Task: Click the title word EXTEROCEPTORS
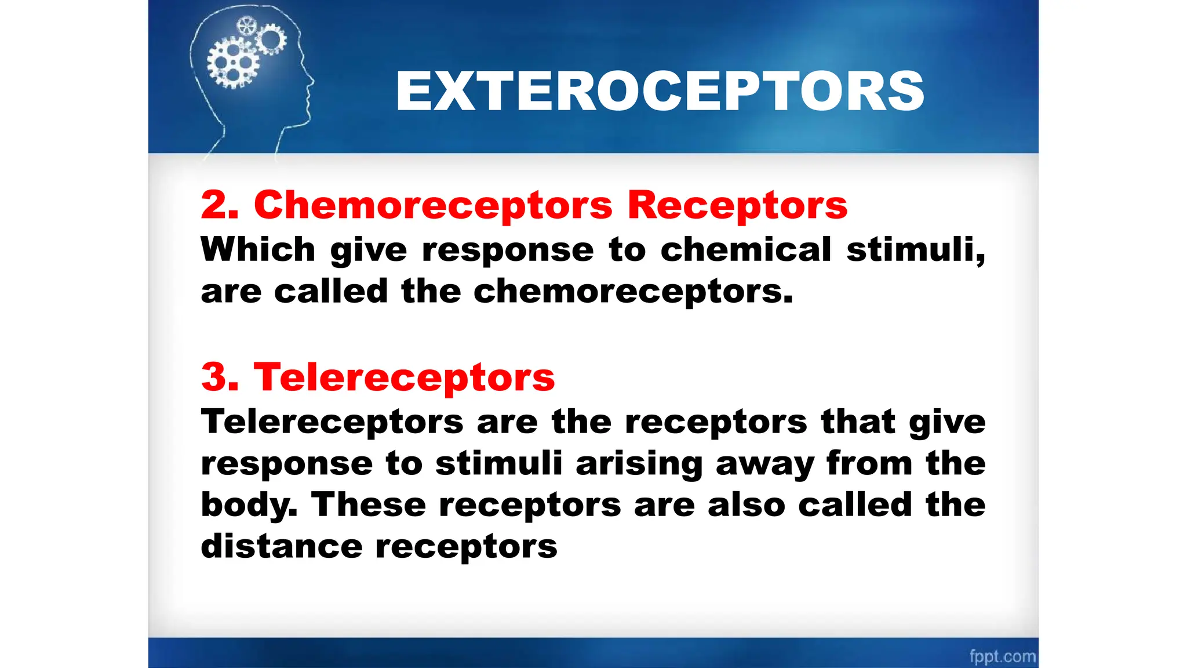click(660, 91)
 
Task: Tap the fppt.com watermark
click(1002, 656)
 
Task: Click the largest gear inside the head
click(233, 62)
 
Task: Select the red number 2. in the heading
click(220, 205)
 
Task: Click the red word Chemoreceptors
click(433, 205)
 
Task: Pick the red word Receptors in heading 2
click(737, 205)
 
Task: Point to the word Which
click(258, 249)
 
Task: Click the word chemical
click(746, 249)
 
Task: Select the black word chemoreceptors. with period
click(633, 291)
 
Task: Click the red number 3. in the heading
click(220, 377)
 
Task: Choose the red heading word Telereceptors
click(404, 377)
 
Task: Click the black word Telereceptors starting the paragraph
click(332, 422)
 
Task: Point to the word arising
click(639, 464)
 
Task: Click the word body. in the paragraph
click(249, 504)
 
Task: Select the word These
click(369, 504)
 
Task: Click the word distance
click(282, 546)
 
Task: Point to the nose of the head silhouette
click(312, 81)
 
